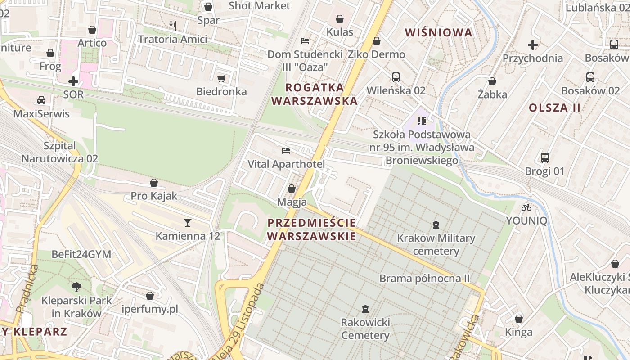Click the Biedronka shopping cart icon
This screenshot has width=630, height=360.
tap(221, 79)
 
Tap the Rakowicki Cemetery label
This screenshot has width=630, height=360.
tap(365, 329)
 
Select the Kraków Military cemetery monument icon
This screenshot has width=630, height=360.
tap(436, 225)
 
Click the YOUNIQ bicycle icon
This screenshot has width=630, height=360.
tap(526, 207)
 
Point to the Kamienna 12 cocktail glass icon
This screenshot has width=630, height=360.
tap(187, 222)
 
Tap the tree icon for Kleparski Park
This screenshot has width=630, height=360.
tap(76, 287)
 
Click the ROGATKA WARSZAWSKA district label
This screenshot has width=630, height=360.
tap(315, 94)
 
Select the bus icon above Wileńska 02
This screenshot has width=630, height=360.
tap(396, 77)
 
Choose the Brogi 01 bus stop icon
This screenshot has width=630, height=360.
tap(545, 158)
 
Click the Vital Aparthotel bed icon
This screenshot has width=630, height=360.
tap(286, 151)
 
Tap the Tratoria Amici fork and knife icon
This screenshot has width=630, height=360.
tap(173, 26)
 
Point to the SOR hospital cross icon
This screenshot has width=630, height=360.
tap(73, 81)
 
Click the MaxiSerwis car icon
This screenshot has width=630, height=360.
tap(41, 100)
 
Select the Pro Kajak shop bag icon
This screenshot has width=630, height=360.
tap(154, 183)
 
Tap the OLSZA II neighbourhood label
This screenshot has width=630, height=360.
tap(554, 108)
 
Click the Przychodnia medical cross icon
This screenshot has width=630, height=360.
tap(533, 45)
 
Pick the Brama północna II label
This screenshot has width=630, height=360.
tap(424, 278)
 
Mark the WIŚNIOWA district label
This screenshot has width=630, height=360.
tap(439, 32)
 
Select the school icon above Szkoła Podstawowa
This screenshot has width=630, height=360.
tap(422, 121)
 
